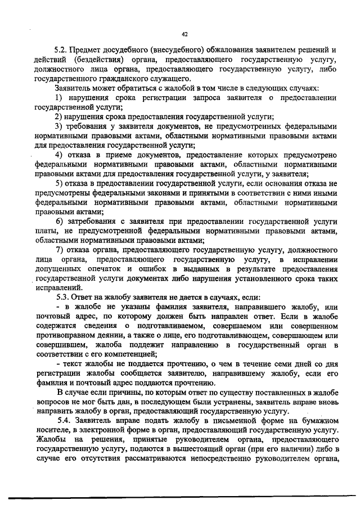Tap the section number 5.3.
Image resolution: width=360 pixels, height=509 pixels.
coord(64,297)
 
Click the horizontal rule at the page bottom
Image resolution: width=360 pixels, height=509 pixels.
coord(180,497)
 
